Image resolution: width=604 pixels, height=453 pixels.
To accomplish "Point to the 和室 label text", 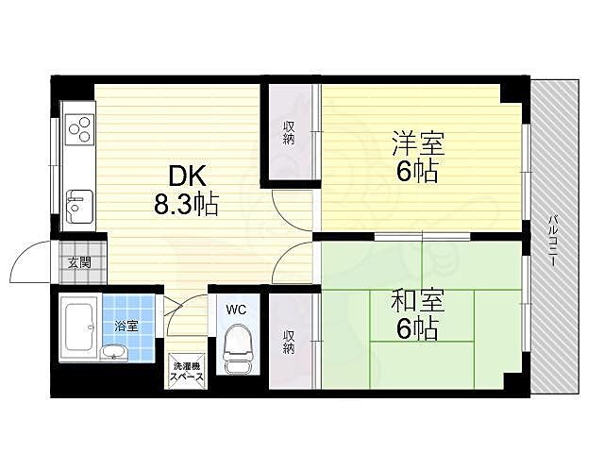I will (416, 302).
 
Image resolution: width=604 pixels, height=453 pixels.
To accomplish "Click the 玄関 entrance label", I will (78, 263).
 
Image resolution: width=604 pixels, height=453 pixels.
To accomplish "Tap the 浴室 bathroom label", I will (126, 327).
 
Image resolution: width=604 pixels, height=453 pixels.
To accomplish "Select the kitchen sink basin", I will (77, 200).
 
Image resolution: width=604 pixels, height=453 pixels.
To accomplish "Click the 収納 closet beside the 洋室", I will (288, 132).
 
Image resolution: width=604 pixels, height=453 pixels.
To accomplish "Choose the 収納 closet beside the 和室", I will (288, 340).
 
